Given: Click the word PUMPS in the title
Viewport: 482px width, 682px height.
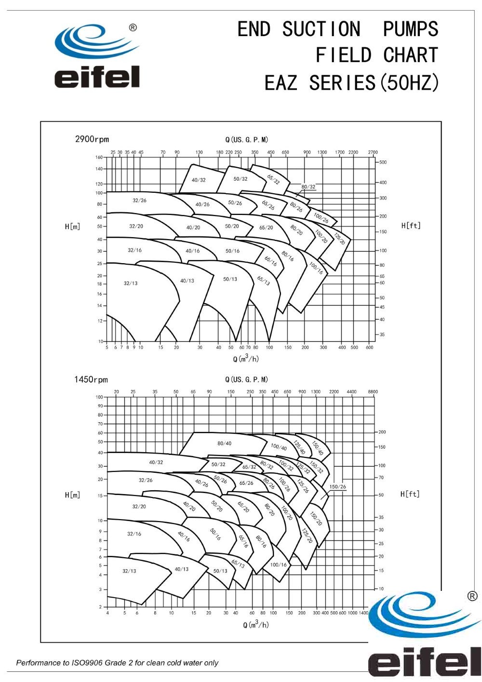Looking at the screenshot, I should pyautogui.click(x=410, y=29).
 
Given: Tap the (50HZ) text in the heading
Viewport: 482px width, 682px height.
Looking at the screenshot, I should pyautogui.click(x=410, y=83).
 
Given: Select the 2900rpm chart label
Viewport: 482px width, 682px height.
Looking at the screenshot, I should pyautogui.click(x=92, y=139).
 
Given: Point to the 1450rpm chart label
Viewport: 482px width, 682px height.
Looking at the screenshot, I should pyautogui.click(x=91, y=379).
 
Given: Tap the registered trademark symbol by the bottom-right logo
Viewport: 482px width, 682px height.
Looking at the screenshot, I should pyautogui.click(x=472, y=597).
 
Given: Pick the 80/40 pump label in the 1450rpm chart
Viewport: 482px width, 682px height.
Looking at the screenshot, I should pyautogui.click(x=224, y=443).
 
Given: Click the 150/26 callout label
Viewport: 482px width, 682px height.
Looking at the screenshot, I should pyautogui.click(x=337, y=487).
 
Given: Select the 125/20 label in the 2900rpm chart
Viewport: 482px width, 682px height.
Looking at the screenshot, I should pyautogui.click(x=340, y=239).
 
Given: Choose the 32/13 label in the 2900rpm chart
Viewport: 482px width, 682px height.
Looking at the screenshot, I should pyautogui.click(x=130, y=283).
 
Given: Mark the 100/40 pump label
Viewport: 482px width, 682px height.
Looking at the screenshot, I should pyautogui.click(x=279, y=447).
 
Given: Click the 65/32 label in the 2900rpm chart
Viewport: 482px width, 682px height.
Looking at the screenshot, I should pyautogui.click(x=273, y=180).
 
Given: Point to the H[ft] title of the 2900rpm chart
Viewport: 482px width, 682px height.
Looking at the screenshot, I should pyautogui.click(x=411, y=226).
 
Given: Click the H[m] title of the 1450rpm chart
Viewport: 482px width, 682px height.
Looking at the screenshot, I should pyautogui.click(x=72, y=495).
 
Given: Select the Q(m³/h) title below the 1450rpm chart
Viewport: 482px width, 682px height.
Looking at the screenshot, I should pyautogui.click(x=255, y=625).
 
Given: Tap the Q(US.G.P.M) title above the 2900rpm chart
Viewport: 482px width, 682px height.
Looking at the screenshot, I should pyautogui.click(x=246, y=140).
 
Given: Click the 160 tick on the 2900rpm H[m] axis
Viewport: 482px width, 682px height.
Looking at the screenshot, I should pyautogui.click(x=99, y=157).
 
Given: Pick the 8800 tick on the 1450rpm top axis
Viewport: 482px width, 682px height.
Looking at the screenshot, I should pyautogui.click(x=373, y=392).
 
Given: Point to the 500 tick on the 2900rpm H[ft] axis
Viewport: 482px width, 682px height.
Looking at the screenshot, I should pyautogui.click(x=383, y=162).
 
